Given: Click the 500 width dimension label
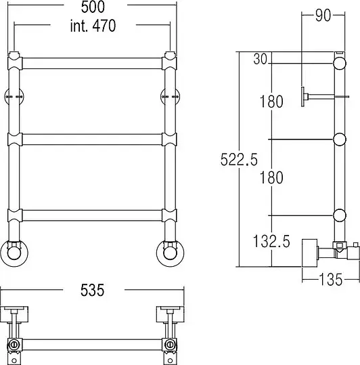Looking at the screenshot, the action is coord(93,7).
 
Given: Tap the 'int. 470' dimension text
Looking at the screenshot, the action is coord(93,25).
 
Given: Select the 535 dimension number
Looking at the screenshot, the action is coord(92,291).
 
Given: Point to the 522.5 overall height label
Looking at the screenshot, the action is coord(239,160).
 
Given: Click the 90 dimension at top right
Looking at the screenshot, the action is coord(323,16).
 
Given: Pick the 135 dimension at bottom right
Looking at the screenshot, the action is coord(331,279).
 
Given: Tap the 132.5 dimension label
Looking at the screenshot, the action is coord(271,241).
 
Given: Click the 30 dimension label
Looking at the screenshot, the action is coord(261,59).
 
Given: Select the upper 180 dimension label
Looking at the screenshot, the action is coord(271,102).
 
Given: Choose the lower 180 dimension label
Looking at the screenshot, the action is coord(271,177).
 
